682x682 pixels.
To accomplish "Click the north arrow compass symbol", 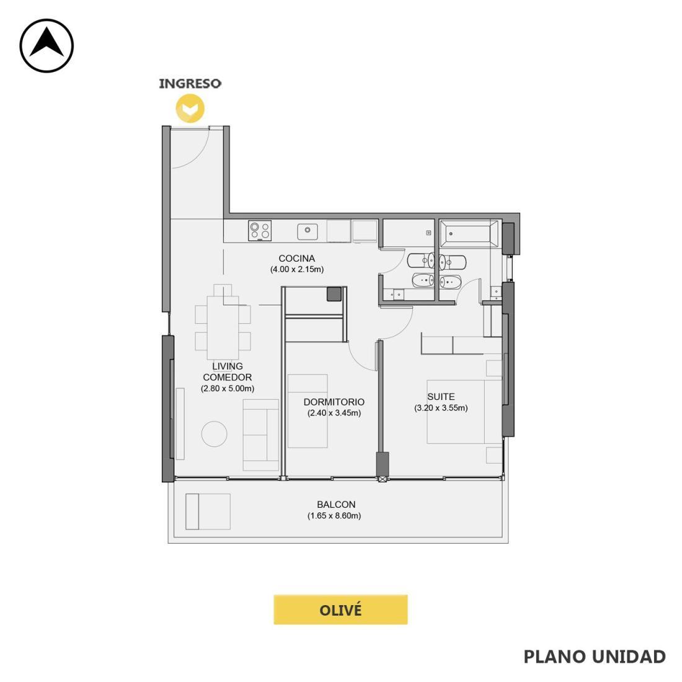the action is coord(46,46).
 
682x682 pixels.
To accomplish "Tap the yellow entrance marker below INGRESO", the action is coord(190,108).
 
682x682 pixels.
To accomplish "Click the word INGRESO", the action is coord(190,83).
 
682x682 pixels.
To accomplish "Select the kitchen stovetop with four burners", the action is coord(260,231).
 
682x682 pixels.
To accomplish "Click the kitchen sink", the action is coord(308,231).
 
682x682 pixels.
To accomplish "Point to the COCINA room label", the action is coord(296,259).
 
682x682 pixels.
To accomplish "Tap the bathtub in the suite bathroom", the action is coord(469,234).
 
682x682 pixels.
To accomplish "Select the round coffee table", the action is coord(215,433).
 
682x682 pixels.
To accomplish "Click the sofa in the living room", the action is coord(260,435).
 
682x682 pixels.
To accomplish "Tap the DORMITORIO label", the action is coord(334,402).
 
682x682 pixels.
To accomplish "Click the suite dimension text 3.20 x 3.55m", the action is coord(441,408).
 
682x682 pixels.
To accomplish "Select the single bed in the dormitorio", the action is coord(308,411).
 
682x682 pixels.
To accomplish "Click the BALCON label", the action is coord(336,505).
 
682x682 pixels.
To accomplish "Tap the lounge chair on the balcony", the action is coord(208,511).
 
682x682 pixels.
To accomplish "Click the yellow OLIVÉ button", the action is coord(340,610).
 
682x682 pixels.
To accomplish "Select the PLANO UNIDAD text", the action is coord(595,657).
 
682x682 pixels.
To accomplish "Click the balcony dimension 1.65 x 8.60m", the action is coord(334,516).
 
